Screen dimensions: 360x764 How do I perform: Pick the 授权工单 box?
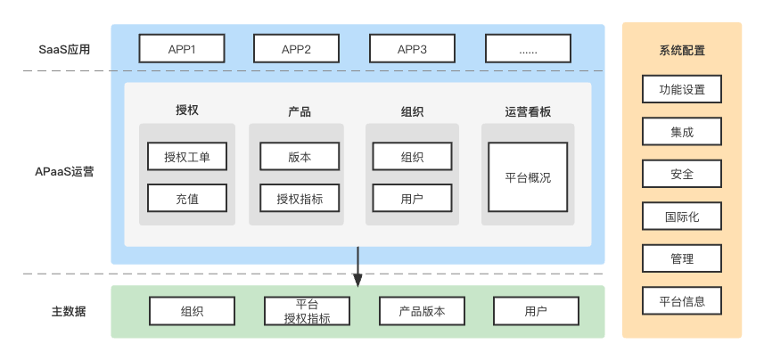point(186,157)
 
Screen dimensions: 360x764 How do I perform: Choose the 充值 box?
point(186,198)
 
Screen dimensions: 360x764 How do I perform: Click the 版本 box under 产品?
point(300,157)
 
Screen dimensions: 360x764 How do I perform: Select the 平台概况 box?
point(528,176)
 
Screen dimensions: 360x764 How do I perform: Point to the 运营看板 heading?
point(528,111)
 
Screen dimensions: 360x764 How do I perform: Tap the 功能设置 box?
point(682,89)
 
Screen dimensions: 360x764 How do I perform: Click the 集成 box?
point(682,131)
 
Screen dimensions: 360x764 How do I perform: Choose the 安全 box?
point(682,174)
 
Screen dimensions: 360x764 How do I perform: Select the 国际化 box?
point(682,216)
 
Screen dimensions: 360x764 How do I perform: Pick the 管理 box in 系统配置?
point(682,258)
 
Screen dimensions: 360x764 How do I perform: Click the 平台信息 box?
point(682,300)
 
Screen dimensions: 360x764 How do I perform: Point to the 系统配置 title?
point(682,50)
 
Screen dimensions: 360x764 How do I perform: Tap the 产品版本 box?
point(422,311)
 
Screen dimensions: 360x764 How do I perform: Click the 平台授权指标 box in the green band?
point(307,311)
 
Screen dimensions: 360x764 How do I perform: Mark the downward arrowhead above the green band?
point(357,280)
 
